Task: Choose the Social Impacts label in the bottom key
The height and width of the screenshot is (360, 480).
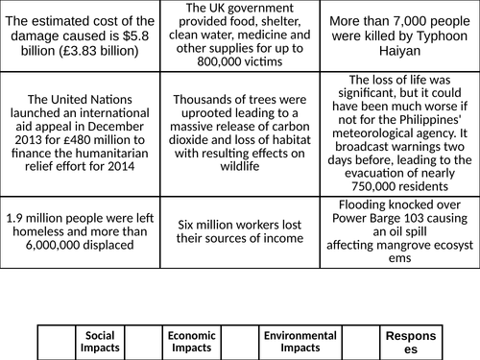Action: click(x=100, y=342)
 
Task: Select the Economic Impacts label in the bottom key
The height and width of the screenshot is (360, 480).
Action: click(x=191, y=342)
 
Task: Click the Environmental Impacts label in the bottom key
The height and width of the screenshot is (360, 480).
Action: click(x=300, y=342)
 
